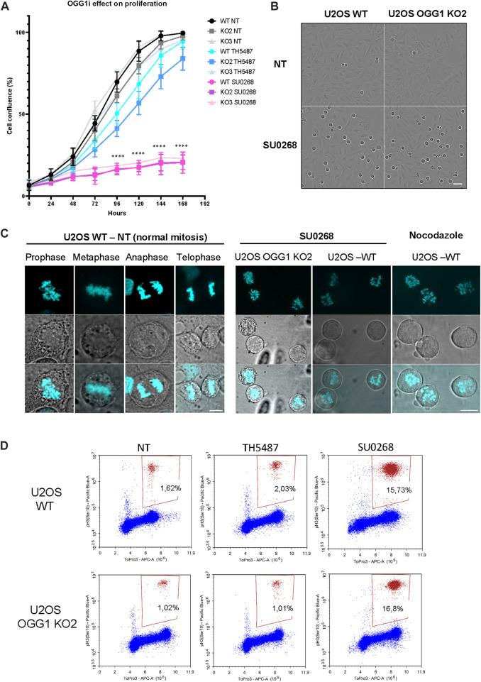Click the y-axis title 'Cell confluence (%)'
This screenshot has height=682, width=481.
click(9, 114)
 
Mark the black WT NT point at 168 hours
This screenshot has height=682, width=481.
click(184, 33)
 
